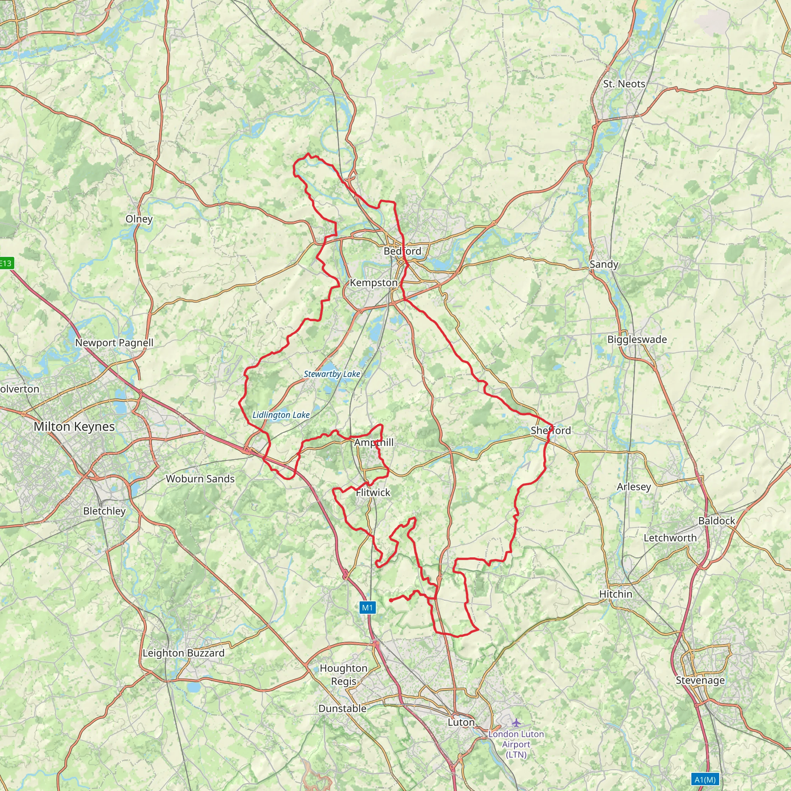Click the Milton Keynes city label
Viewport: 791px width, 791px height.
74,427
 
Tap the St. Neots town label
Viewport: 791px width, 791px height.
624,84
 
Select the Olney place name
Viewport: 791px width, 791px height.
139,219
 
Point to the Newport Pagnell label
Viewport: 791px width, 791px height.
114,343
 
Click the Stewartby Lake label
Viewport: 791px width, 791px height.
332,374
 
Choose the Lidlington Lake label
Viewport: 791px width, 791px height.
281,415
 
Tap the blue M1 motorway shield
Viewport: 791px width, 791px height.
367,608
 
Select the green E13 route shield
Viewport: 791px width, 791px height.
6,263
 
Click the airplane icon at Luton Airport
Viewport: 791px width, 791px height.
516,723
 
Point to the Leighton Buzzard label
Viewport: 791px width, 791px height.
183,653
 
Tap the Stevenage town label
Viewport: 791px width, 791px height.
700,681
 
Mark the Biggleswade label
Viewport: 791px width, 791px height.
637,339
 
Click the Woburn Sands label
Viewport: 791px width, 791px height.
200,479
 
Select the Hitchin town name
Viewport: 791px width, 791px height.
616,594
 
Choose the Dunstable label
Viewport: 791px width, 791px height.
342,708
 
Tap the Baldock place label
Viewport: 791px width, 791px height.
717,521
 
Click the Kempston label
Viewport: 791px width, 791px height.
373,283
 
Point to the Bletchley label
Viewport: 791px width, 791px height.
104,511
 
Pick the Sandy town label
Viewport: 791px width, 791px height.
604,265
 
